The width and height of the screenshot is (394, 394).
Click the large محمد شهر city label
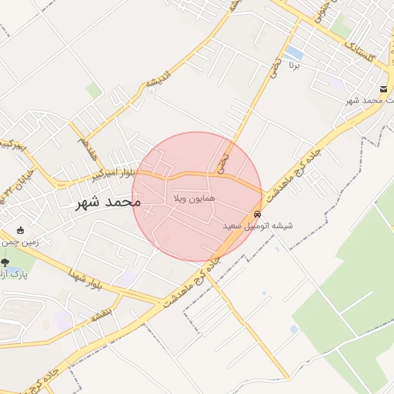pyautogui.click(x=109, y=203)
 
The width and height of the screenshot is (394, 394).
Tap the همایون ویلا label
pyautogui.click(x=192, y=199)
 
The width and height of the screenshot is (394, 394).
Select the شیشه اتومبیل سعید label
pyautogui.click(x=258, y=227)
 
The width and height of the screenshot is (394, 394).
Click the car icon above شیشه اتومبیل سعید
pyautogui.click(x=257, y=215)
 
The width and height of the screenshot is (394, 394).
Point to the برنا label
pyautogui.click(x=293, y=66)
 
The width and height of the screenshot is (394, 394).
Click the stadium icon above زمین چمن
pyautogui.click(x=20, y=230)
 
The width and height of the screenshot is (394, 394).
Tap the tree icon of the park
pyautogui.click(x=5, y=263)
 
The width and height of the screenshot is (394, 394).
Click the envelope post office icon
pyautogui.click(x=383, y=90)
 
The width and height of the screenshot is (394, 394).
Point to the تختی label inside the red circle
pyautogui.click(x=222, y=165)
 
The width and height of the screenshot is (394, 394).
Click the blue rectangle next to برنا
pyautogui.click(x=294, y=52)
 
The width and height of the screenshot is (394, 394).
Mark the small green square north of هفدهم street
pyautogui.click(x=94, y=91)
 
